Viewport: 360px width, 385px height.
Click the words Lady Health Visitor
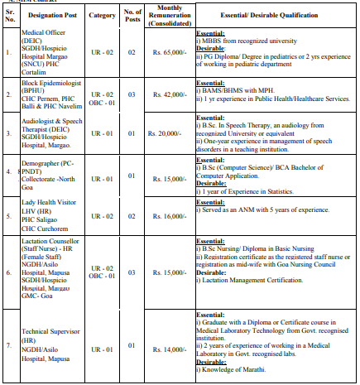[x=50, y=200]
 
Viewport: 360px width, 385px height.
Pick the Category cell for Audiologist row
[x=102, y=132]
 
